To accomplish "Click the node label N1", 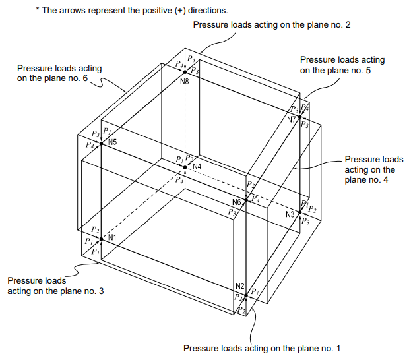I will click(112, 237).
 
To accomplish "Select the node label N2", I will click(240, 286).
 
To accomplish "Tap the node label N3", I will click(290, 215).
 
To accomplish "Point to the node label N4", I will click(197, 165).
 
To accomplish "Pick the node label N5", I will click(113, 142).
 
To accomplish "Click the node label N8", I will click(184, 81).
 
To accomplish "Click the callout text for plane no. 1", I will click(262, 347).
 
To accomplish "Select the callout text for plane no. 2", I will click(272, 24).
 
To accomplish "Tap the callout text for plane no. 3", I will click(55, 285).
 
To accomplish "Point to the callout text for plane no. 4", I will click(373, 170).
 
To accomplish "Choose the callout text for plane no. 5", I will click(342, 65).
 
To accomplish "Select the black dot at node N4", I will click(185, 167).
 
